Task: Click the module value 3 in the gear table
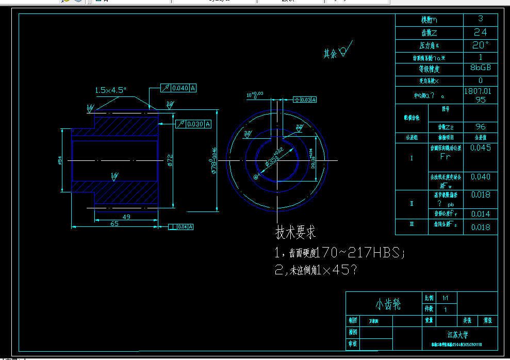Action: coord(481,19)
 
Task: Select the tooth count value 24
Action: coord(481,32)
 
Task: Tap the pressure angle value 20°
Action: coord(481,44)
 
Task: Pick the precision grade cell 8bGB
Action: coord(481,68)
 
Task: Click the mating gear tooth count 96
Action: coord(481,126)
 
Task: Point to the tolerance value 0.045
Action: coord(481,148)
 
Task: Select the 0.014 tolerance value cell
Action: coord(481,214)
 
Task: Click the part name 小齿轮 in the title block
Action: coord(388,304)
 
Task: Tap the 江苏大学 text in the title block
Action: coord(457,335)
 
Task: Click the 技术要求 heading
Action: coord(295,233)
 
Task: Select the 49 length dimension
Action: coord(126,217)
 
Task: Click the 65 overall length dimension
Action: coord(114,223)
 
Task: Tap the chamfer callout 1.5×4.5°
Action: coord(110,90)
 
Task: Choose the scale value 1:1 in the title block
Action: coord(446,298)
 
